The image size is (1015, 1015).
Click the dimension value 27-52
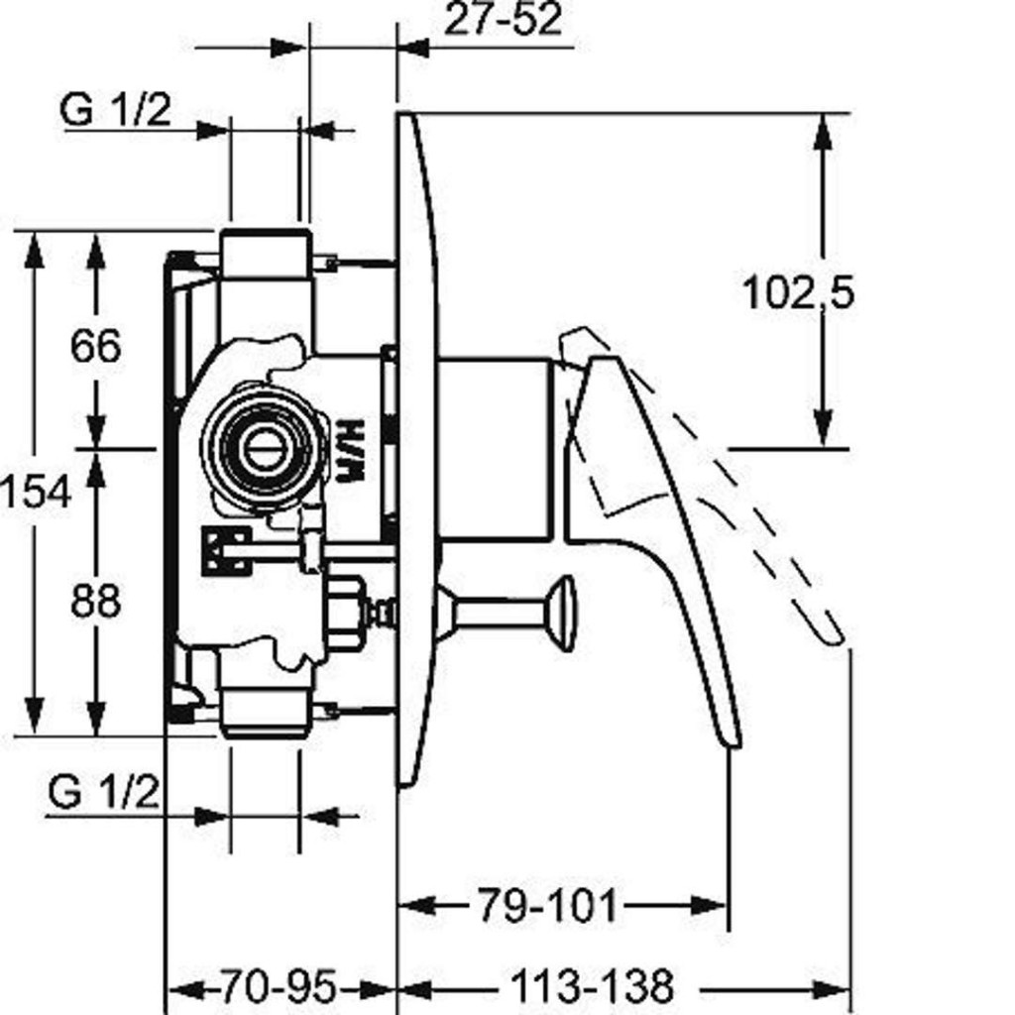pyautogui.click(x=503, y=20)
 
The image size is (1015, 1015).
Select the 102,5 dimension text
pyautogui.click(x=798, y=292)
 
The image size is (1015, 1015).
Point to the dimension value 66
pyautogui.click(x=96, y=346)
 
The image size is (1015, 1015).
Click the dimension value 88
pyautogui.click(x=96, y=601)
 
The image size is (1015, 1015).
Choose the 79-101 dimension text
pyautogui.click(x=548, y=905)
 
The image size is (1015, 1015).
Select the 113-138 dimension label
pyautogui.click(x=592, y=987)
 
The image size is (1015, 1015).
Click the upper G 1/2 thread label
pyautogui.click(x=115, y=110)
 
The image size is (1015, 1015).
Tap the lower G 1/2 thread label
pyautogui.click(x=103, y=793)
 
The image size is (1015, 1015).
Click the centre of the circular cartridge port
pyautogui.click(x=263, y=446)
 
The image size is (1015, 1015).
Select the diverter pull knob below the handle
pyautogui.click(x=561, y=613)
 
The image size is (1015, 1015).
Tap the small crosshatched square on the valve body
pyautogui.click(x=225, y=548)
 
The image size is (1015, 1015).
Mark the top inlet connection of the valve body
pyautogui.click(x=265, y=255)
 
